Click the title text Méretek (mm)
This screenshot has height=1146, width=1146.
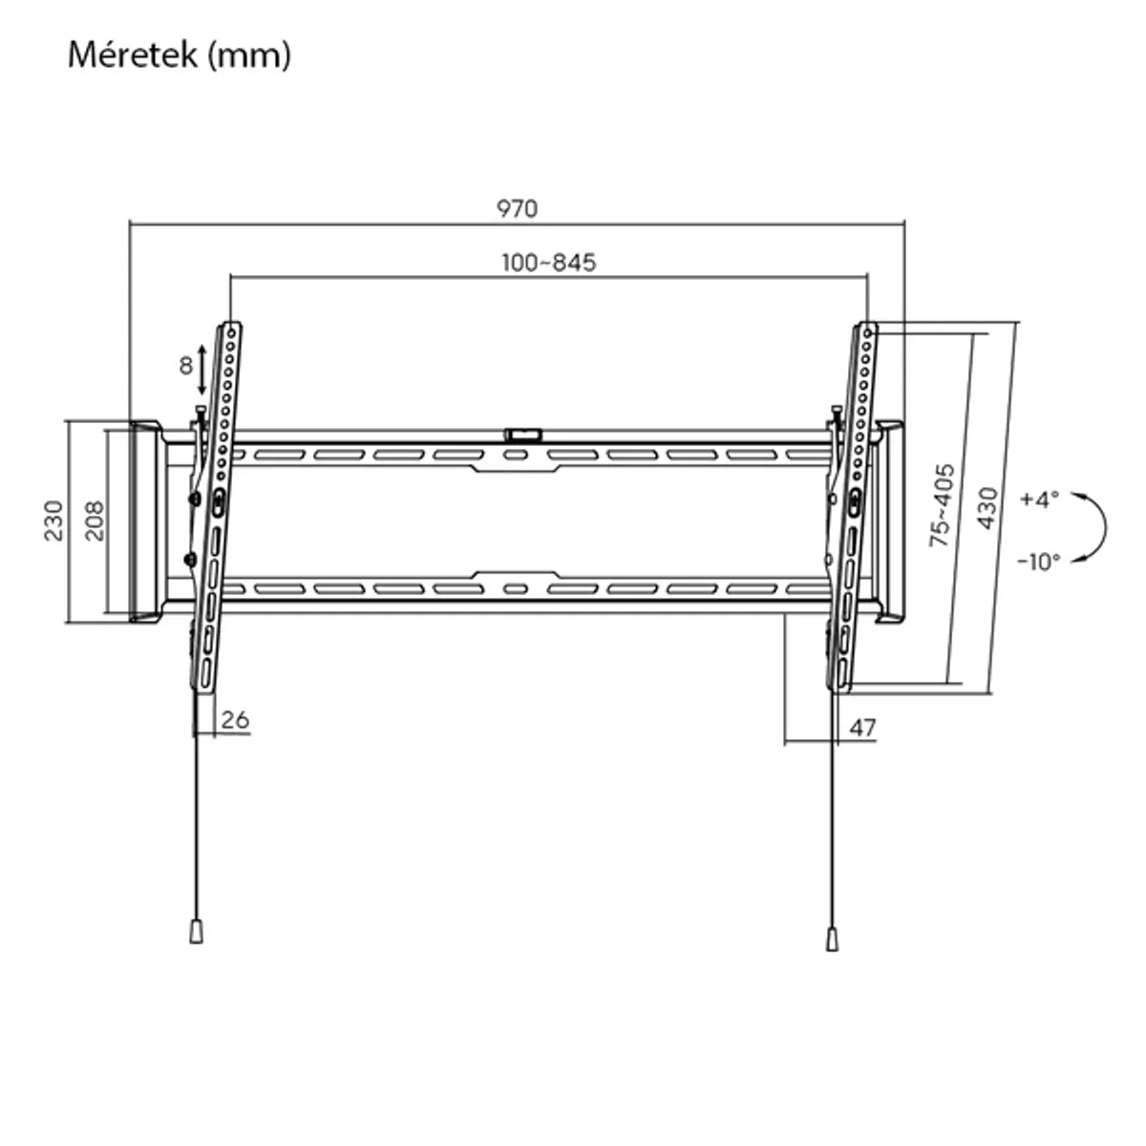pyautogui.click(x=179, y=55)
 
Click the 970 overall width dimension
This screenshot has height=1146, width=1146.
pyautogui.click(x=517, y=208)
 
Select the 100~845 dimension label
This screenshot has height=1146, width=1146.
pyautogui.click(x=549, y=262)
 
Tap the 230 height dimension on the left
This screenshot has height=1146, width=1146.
pyautogui.click(x=53, y=520)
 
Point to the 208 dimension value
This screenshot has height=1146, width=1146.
pyautogui.click(x=95, y=520)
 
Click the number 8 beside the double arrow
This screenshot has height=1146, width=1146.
pyautogui.click(x=186, y=365)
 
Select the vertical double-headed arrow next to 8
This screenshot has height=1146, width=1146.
pyautogui.click(x=202, y=371)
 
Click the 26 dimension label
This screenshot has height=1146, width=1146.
pyautogui.click(x=235, y=719)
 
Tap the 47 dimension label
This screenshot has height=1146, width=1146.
pyautogui.click(x=862, y=728)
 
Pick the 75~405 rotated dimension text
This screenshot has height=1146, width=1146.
pyautogui.click(x=942, y=505)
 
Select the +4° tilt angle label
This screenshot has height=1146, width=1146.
pyautogui.click(x=1040, y=499)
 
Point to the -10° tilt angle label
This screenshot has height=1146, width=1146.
pyautogui.click(x=1038, y=562)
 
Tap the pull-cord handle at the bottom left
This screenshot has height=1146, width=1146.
pyautogui.click(x=196, y=931)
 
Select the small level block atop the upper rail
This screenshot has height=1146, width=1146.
pyautogui.click(x=522, y=434)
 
